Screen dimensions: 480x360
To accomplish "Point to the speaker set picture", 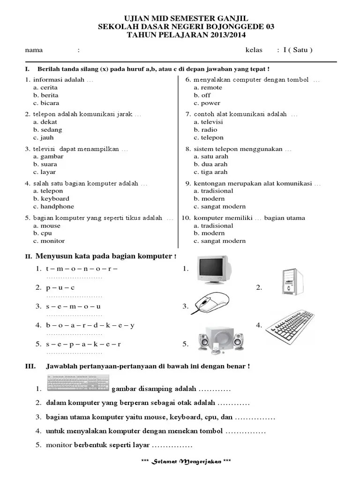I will coord(219,339).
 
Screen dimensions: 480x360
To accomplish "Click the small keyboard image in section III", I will coord(78,384).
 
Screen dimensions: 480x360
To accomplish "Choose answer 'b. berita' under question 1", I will coord(46,95).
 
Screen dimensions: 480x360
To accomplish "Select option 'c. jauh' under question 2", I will coord(44,137).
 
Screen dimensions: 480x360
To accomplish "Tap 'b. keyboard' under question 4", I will coord(51,199).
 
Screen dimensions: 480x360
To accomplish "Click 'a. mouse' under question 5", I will coord(47,225).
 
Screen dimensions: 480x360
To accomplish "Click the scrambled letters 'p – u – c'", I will coord(60,287).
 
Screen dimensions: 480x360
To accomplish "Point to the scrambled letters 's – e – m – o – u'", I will coord(74,306).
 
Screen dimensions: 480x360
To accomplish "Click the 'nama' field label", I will coord(34,50).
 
